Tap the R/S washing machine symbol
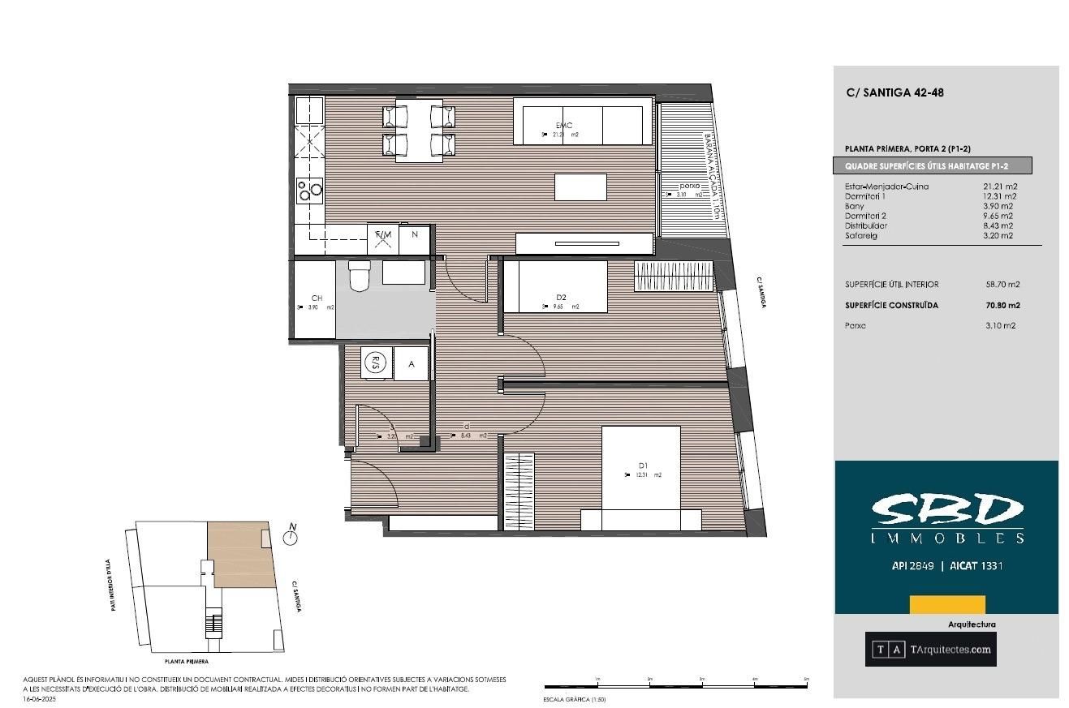(375, 363)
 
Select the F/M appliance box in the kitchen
(383, 235)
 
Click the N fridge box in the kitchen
(415, 234)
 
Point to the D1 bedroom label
(643, 466)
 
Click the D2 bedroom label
(561, 298)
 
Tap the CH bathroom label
(317, 298)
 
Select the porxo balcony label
(689, 186)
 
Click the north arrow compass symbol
(290, 536)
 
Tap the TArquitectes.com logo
(930, 649)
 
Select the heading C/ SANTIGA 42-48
(894, 92)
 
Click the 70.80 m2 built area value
(1002, 306)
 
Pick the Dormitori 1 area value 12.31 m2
(998, 196)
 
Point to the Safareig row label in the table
(861, 236)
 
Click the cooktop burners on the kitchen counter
(309, 190)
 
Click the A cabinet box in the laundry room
(412, 364)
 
